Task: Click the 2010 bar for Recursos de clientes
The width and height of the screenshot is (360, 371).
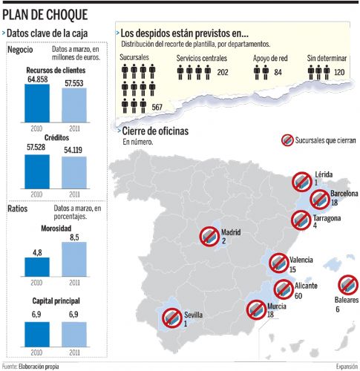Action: tap(37, 103)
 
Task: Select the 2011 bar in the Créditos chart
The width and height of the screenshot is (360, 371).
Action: tap(74, 173)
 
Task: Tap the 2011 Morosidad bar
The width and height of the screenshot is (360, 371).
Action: tap(74, 259)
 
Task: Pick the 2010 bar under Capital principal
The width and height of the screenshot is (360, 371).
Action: tap(37, 335)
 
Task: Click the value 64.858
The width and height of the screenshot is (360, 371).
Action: tap(38, 79)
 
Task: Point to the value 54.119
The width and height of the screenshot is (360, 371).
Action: tap(73, 150)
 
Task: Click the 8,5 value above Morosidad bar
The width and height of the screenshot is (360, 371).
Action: tap(74, 237)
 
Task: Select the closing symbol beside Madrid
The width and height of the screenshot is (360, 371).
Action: tap(209, 237)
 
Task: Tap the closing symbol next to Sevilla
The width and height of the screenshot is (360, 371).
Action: tap(172, 318)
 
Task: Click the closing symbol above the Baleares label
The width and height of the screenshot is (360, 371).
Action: tap(348, 285)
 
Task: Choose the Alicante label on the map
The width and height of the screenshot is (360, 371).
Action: tap(306, 286)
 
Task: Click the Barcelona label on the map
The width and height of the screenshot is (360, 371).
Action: tap(344, 194)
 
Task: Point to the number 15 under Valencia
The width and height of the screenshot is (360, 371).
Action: tap(292, 269)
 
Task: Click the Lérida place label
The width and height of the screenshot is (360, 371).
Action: tap(324, 174)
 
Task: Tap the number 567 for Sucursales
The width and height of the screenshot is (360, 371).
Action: tap(157, 108)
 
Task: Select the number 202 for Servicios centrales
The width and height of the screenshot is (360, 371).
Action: tap(223, 72)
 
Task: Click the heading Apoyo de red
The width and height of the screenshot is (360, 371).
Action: tap(270, 59)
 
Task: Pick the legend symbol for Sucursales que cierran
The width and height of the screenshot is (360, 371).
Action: tap(287, 140)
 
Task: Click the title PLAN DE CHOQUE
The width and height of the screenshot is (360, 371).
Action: tap(45, 15)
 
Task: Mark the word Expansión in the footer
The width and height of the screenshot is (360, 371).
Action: tap(347, 366)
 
